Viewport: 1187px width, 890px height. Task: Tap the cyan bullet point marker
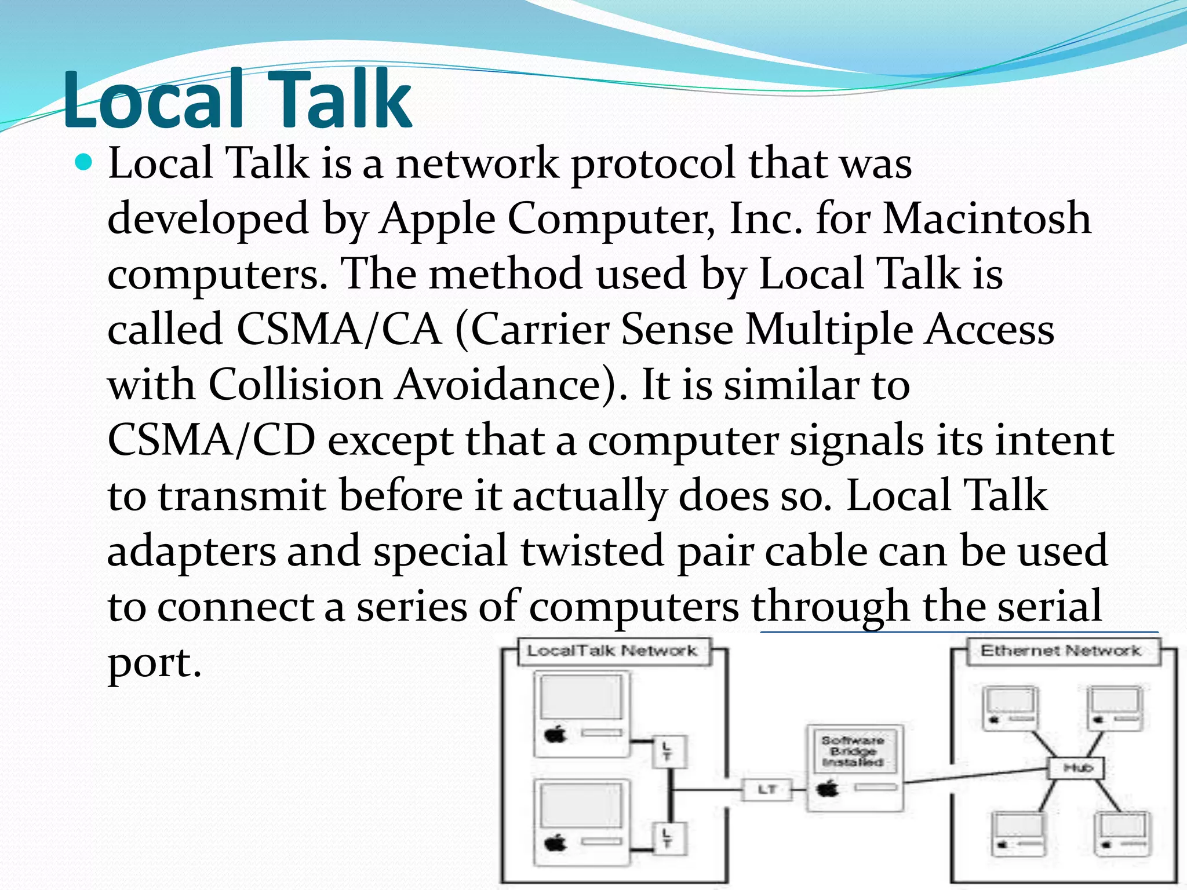tap(84, 162)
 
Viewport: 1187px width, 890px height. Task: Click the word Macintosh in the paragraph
tap(986, 218)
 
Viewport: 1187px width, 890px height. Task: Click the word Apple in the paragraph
tap(438, 218)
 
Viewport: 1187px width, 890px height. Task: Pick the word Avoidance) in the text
tap(510, 385)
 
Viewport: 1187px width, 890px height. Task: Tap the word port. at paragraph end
tap(154, 662)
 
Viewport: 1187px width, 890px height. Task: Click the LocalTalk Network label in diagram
tap(611, 651)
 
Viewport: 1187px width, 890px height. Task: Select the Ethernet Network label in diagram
tap(1061, 651)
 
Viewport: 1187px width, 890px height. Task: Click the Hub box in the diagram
tap(1077, 768)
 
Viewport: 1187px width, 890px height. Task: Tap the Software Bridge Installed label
tap(853, 751)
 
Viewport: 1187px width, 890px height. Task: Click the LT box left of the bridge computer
tap(767, 789)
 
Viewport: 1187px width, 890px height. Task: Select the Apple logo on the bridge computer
tap(828, 789)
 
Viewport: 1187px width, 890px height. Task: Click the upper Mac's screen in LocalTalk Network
tap(581, 698)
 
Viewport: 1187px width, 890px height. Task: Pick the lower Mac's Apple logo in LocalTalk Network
tap(556, 842)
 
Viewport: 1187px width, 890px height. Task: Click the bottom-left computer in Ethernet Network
tap(1018, 833)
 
